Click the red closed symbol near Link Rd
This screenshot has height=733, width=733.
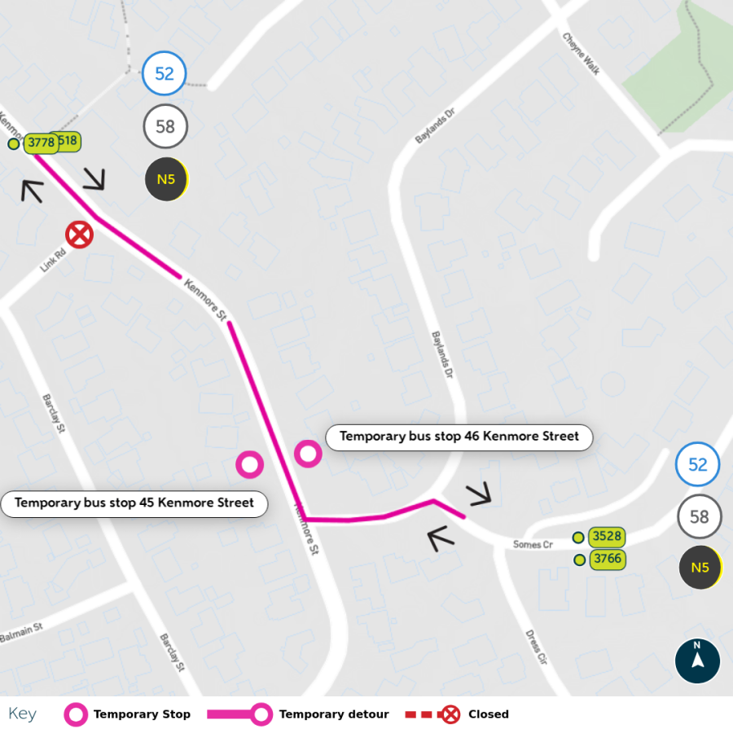point(79,235)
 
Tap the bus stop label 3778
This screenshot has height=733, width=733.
point(41,143)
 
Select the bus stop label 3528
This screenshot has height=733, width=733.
point(607,537)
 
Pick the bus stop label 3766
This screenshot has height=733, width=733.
point(607,560)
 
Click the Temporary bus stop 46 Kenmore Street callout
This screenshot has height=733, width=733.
point(459,437)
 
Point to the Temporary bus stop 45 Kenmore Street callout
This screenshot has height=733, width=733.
point(134,503)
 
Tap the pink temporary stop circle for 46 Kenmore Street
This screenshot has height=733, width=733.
point(308,453)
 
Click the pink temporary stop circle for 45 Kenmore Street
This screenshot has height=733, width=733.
point(249,464)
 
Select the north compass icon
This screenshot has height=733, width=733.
point(697,661)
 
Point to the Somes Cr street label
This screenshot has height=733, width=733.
point(533,544)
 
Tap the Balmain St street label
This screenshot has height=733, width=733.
point(20,632)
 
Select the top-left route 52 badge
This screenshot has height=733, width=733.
point(165,74)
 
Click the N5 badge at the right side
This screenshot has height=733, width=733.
point(700,568)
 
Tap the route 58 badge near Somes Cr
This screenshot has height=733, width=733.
point(699,517)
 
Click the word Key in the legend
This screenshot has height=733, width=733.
point(23,714)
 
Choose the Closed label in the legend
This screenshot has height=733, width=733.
point(488,714)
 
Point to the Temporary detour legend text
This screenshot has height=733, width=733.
point(334,714)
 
